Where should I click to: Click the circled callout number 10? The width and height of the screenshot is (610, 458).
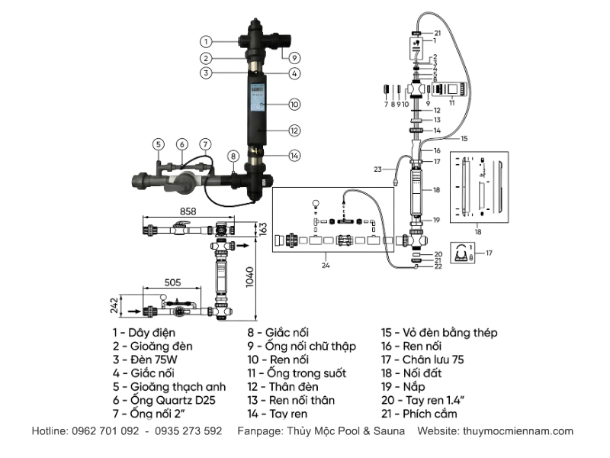[294, 105]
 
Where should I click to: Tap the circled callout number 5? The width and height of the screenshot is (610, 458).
[158, 144]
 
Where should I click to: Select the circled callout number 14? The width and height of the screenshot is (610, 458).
[294, 156]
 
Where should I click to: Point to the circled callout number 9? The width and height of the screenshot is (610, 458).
[294, 58]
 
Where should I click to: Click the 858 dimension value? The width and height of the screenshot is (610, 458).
[188, 211]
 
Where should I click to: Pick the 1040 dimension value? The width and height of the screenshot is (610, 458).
[250, 277]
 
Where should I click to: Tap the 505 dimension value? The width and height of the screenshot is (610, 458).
[172, 282]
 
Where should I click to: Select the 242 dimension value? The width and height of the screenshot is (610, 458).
[114, 306]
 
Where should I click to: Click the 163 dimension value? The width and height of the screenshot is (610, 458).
[263, 228]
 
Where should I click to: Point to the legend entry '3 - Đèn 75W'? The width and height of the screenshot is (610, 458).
[145, 360]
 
